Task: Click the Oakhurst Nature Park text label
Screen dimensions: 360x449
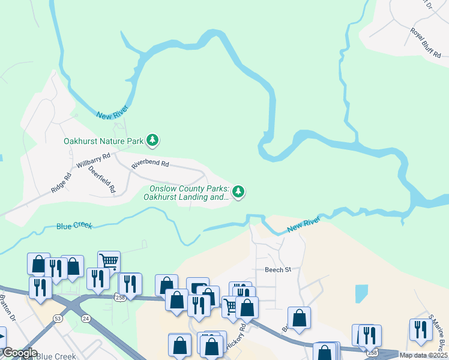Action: click(103, 142)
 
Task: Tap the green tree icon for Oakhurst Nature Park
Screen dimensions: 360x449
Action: click(153, 141)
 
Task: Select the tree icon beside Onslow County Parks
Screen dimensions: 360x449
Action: click(239, 192)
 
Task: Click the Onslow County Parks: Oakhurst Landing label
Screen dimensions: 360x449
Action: click(188, 193)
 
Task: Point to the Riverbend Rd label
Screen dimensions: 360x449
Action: click(150, 164)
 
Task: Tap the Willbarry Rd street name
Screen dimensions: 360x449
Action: click(94, 161)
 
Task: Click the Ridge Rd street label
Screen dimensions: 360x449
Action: click(61, 183)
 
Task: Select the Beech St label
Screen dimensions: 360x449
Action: click(278, 270)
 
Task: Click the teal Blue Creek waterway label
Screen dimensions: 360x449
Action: click(74, 226)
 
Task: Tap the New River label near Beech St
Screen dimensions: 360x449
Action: click(303, 223)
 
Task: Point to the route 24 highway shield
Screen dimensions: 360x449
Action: click(86, 319)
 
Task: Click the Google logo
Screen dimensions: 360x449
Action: click(19, 353)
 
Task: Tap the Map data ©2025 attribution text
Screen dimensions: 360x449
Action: click(423, 355)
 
